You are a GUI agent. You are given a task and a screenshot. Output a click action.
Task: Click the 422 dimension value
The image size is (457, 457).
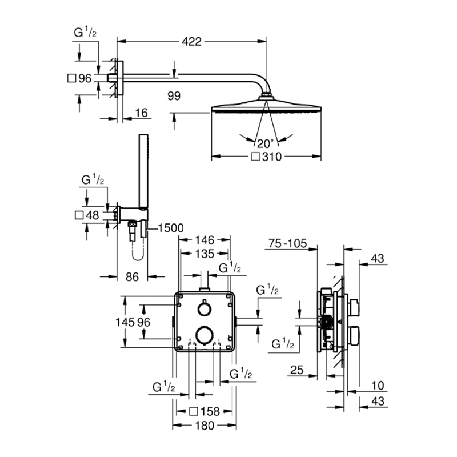tap(191, 42)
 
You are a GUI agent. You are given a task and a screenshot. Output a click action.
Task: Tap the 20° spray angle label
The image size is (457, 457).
tap(265, 143)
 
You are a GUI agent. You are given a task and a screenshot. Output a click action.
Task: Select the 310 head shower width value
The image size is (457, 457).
tap(272, 157)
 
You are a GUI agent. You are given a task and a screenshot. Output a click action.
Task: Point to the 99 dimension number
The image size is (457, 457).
tap(174, 96)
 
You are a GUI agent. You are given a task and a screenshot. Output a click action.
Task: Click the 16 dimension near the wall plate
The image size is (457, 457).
tap(142, 113)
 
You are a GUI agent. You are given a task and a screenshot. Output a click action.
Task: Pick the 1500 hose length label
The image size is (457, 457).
tap(170, 228)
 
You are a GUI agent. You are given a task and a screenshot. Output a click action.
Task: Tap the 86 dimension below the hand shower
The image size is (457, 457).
tap(132, 277)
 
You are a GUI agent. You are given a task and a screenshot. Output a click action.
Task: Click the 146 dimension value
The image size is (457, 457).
tap(205, 240)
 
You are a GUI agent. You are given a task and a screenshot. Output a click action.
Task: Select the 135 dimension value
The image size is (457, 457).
tap(205, 254)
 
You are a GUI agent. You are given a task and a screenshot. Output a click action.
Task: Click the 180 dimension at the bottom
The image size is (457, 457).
tap(205, 426)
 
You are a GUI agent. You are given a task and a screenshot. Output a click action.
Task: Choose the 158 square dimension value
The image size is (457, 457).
tap(210, 411)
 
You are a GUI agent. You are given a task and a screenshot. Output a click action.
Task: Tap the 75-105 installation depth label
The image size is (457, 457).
tap(288, 243)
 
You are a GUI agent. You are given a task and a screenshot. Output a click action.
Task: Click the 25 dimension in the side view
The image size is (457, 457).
tap(297, 370)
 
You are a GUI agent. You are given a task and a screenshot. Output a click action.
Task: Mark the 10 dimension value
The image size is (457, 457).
tap(378, 386)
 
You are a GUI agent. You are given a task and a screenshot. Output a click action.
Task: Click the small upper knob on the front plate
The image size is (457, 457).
tap(204, 308)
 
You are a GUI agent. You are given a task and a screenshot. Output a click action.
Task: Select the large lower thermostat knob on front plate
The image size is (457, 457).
tap(204, 336)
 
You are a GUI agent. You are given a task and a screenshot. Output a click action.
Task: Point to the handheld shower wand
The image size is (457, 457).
tap(143, 172)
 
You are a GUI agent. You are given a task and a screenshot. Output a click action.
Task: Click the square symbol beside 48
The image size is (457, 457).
tap(79, 215)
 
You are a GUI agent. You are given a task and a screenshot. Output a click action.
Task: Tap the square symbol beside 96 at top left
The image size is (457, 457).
tap(71, 78)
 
